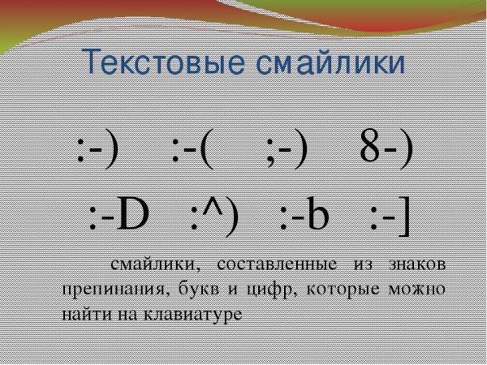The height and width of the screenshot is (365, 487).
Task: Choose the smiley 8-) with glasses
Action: coord(385,151)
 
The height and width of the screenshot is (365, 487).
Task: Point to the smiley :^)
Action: coord(215,217)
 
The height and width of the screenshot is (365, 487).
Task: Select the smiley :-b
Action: coord(302,217)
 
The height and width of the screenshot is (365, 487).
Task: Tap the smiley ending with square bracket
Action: coord(389,217)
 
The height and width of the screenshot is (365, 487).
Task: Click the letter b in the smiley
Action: coord(317,217)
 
